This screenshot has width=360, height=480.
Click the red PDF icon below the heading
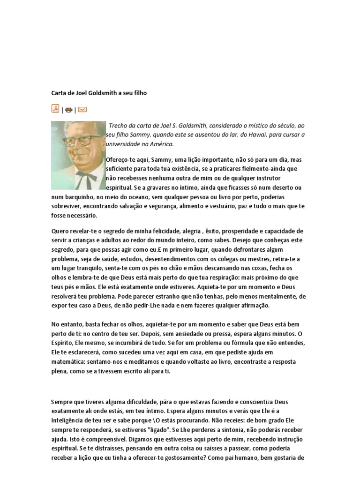55,109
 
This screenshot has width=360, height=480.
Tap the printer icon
68,110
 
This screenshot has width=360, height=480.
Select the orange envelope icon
82,110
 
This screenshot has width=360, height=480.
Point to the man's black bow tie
85,177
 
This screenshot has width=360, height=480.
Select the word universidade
125,143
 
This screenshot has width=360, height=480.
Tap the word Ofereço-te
121,159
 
